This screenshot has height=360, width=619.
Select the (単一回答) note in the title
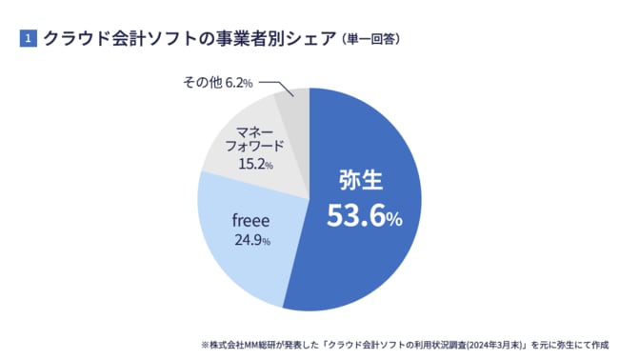pos(368,40)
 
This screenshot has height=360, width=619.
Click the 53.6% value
pos(365,217)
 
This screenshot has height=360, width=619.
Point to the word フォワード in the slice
pos(254,145)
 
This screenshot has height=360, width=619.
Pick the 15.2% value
pos(254,164)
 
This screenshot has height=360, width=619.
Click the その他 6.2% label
pos(217,84)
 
